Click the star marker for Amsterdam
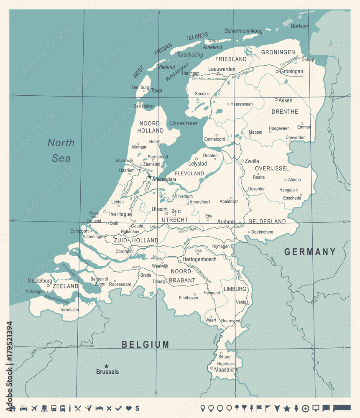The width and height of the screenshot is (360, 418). [x=150, y=177]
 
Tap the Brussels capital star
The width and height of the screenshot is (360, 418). [x=107, y=366]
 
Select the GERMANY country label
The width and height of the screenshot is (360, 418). [x=310, y=252]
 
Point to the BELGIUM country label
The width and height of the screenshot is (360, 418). [x=146, y=344]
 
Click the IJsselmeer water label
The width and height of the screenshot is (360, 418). [x=184, y=123]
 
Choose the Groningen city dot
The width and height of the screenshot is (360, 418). [x=277, y=71]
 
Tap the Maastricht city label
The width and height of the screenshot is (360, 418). [x=226, y=370]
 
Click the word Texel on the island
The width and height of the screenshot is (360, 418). [x=156, y=90]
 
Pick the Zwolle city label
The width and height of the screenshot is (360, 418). [x=252, y=161]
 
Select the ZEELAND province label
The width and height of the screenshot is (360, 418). [x=66, y=286]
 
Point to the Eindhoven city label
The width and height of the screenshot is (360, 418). [x=188, y=298]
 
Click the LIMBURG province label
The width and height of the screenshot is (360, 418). [x=235, y=289]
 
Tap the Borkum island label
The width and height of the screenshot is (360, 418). [x=299, y=26]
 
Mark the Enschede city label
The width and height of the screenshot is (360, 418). [x=292, y=198]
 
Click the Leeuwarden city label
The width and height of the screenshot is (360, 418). [x=222, y=69]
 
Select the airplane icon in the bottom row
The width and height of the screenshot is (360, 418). [x=34, y=408]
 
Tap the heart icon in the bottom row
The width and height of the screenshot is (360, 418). [x=129, y=408]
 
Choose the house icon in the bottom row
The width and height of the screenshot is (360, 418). [x=13, y=408]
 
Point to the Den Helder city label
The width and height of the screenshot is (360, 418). [x=143, y=106]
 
